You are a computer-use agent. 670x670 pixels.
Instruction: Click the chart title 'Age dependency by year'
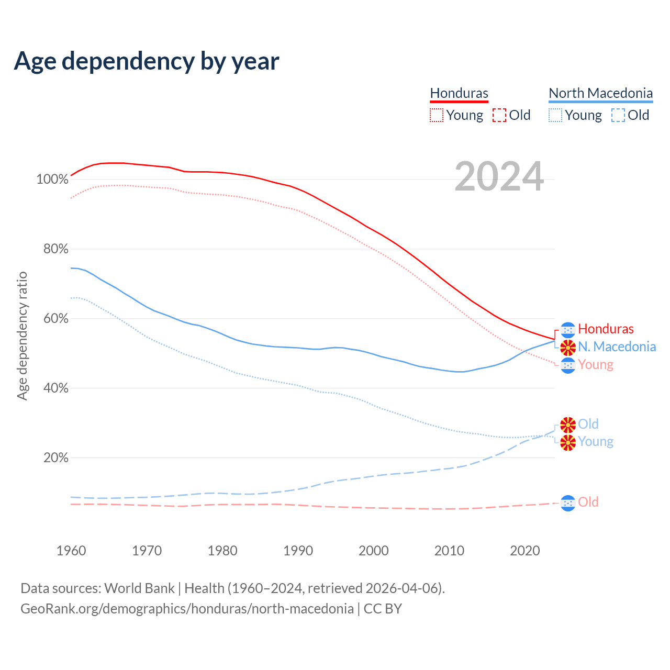[147, 61]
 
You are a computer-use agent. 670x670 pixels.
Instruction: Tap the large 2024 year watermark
[499, 176]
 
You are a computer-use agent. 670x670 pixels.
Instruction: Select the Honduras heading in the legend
[459, 93]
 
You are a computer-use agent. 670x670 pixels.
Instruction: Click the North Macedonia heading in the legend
[600, 93]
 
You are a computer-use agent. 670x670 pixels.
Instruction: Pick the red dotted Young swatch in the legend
[436, 115]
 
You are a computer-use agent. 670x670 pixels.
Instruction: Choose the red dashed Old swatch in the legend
[499, 115]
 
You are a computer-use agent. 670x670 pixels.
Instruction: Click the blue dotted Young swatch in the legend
[555, 115]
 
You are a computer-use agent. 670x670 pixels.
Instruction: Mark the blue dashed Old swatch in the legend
[618, 115]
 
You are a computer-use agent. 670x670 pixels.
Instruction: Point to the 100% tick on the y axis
[52, 180]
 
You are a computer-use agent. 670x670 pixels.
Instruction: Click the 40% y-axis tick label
[55, 388]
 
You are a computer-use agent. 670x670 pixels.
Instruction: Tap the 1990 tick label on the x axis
[298, 551]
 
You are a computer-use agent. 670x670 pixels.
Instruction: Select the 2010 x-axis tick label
[449, 551]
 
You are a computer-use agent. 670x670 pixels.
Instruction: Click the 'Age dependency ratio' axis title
[22, 336]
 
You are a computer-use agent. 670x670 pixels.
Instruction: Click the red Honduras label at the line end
[606, 329]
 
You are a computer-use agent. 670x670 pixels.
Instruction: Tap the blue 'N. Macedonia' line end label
[617, 347]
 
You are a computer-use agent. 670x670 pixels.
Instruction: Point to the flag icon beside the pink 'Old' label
[568, 503]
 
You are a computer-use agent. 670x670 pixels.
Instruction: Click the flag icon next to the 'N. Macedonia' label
[568, 347]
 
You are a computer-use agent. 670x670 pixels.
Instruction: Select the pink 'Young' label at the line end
[596, 364]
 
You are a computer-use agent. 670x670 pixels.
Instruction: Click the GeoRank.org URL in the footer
[187, 609]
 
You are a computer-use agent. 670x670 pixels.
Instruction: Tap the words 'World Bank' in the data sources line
[139, 588]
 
